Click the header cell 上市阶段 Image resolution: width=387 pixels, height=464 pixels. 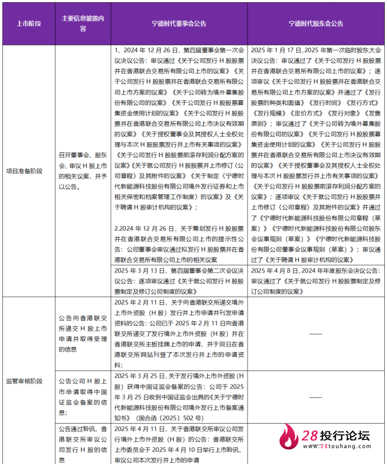27,24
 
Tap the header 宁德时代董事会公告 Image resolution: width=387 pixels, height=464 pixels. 179,24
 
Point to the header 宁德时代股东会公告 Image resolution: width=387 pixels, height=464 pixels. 316,24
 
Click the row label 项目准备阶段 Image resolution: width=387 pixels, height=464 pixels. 24,170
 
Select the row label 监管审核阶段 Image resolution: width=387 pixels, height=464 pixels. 24,381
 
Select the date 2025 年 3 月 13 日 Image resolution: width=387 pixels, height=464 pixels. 138,270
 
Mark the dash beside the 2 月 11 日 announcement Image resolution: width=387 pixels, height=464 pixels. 316,334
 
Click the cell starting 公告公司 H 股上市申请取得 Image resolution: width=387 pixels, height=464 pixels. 83,392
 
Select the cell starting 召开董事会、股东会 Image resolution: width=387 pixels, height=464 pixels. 83,170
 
